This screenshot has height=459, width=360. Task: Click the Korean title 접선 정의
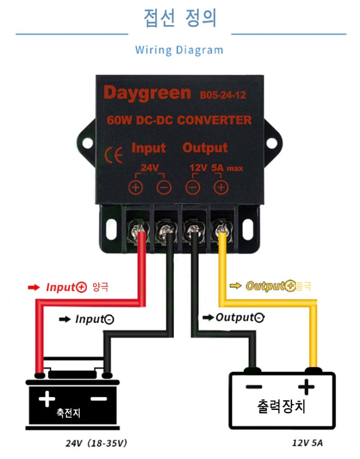(x=180, y=18)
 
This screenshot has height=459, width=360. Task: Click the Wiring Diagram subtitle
(x=179, y=49)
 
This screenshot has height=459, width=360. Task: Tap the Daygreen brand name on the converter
(x=147, y=93)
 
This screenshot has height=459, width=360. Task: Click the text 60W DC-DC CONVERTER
(x=179, y=120)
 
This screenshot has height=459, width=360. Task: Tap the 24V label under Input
(x=148, y=168)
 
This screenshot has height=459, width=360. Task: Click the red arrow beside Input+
(x=34, y=287)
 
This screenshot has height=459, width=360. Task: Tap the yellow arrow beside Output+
(x=235, y=285)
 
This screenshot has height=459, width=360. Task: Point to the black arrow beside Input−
(x=65, y=319)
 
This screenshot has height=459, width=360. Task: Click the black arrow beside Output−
(x=208, y=318)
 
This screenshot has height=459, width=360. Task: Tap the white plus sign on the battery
(x=47, y=398)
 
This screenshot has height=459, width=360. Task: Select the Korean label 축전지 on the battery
(x=68, y=412)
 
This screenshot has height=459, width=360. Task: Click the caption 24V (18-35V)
(x=96, y=443)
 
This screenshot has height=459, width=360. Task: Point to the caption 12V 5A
(x=307, y=443)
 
